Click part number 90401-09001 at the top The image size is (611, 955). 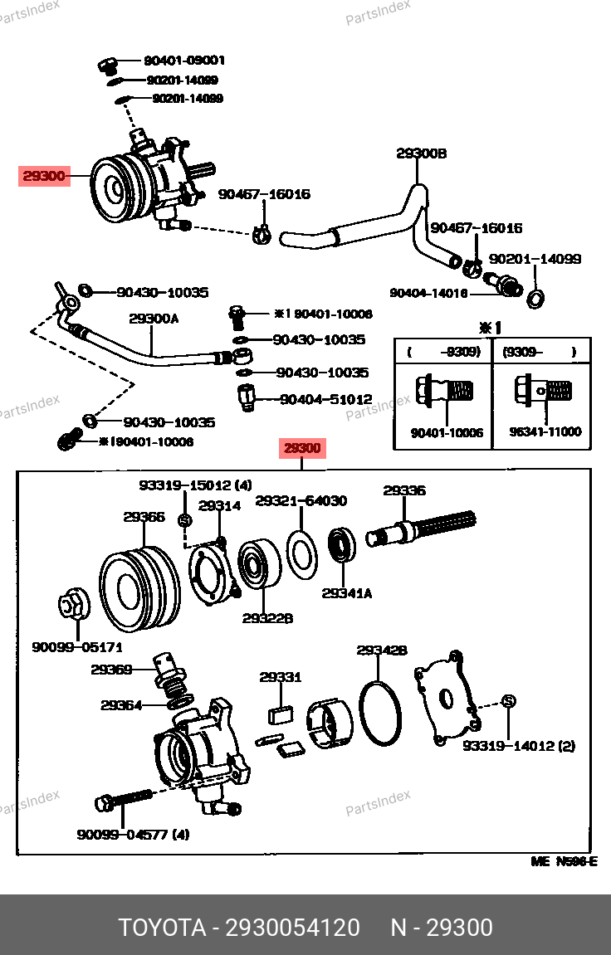[x=183, y=61]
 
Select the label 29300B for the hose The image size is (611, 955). [x=421, y=153]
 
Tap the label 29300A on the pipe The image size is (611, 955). [x=154, y=318]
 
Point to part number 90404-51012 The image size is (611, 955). [x=325, y=400]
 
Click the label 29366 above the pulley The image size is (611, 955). [x=144, y=517]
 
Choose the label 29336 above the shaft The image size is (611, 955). [x=404, y=490]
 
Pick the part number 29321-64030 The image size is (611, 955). [x=301, y=501]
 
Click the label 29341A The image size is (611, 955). [x=347, y=593]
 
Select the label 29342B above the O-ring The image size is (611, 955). [x=382, y=650]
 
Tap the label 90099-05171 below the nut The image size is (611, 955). [x=77, y=646]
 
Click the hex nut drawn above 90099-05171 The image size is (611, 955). [x=71, y=604]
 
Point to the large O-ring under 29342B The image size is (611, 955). [x=380, y=712]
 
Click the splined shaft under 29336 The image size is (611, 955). [x=423, y=529]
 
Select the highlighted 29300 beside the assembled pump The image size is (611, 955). [x=43, y=176]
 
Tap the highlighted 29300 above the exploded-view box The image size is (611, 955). [x=302, y=449]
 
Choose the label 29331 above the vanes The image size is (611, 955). [x=280, y=678]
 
